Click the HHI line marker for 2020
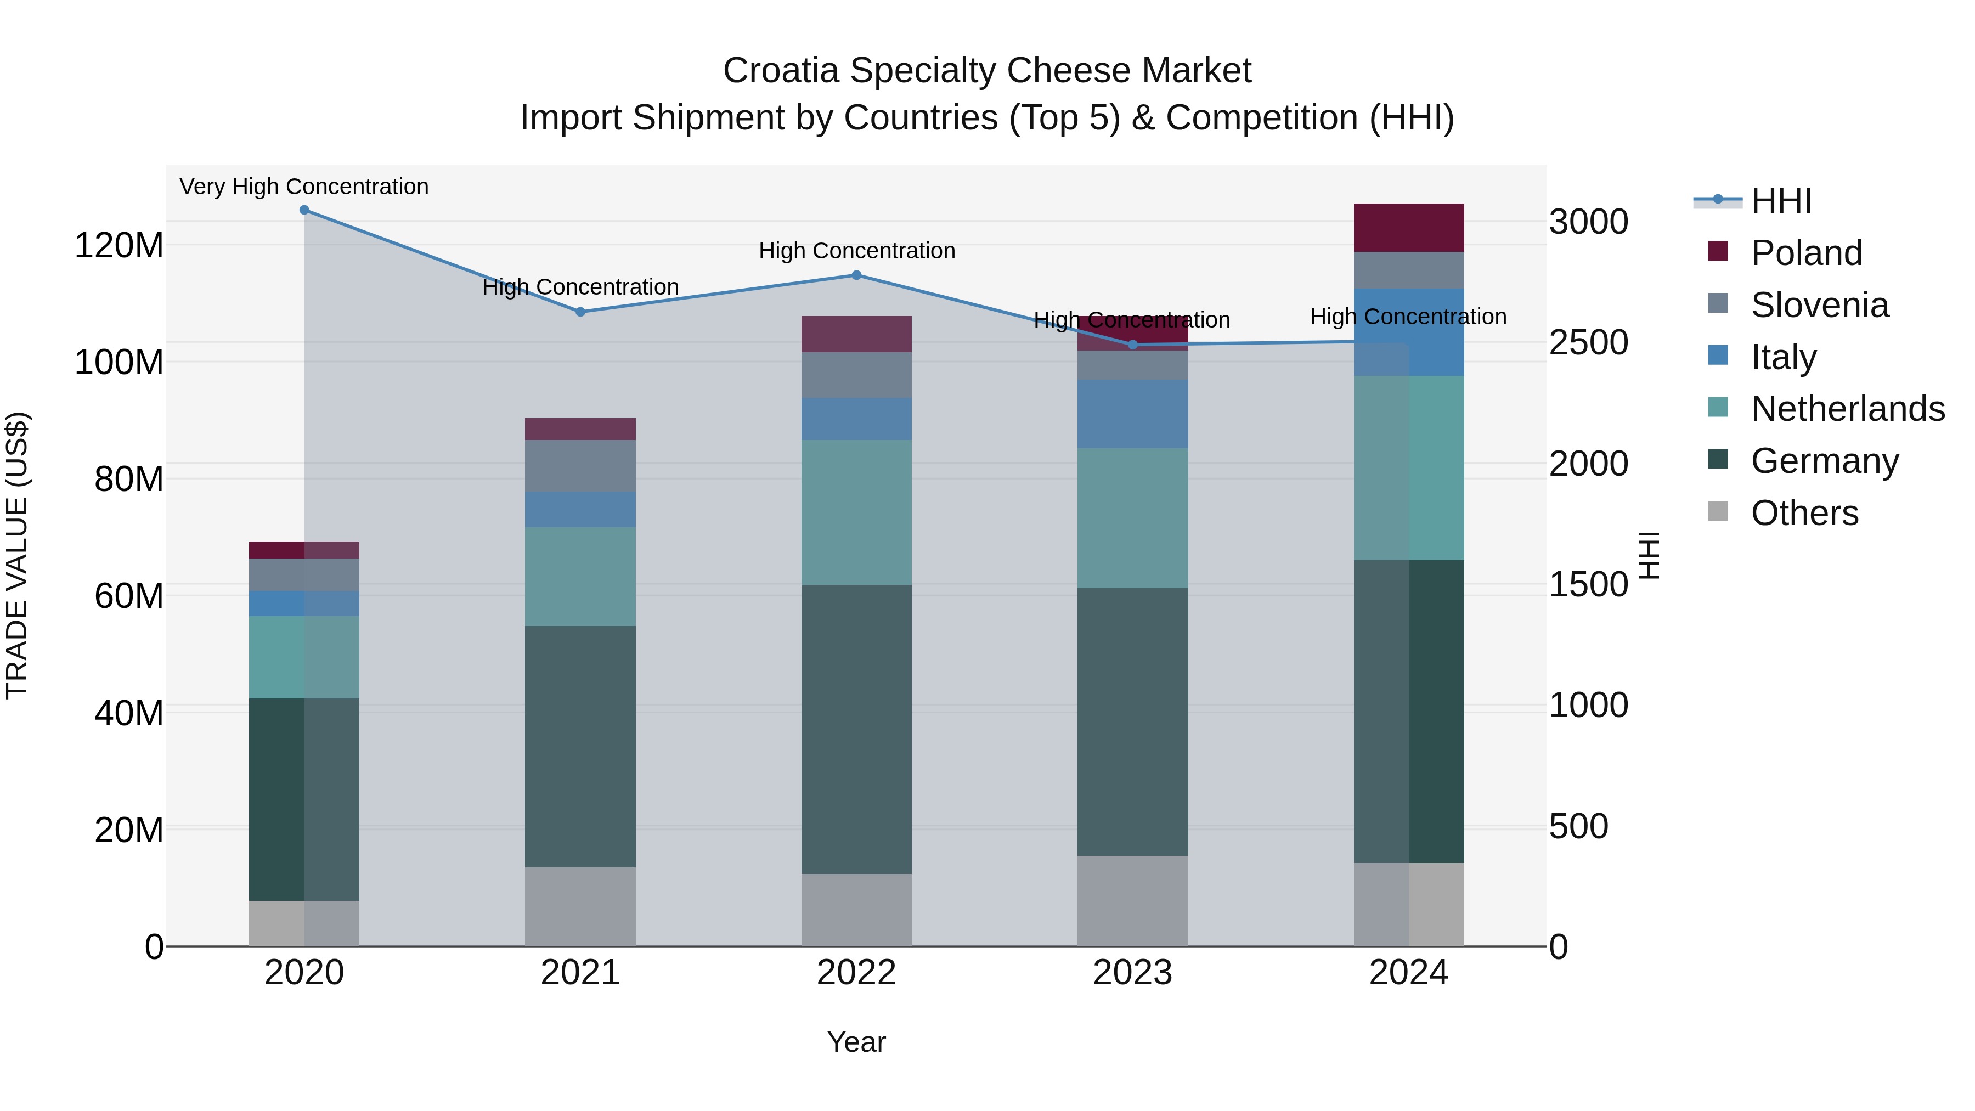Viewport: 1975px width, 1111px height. click(x=304, y=210)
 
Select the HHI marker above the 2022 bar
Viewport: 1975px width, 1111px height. click(x=856, y=275)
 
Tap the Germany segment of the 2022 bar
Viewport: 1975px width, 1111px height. click(x=856, y=729)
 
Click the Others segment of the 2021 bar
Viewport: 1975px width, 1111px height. click(x=580, y=906)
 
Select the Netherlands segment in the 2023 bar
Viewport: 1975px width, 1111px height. click(x=1132, y=518)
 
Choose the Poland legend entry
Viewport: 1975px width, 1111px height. click(x=1805, y=253)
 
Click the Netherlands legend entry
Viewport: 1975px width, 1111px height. click(x=1847, y=409)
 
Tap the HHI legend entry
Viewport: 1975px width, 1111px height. click(x=1780, y=201)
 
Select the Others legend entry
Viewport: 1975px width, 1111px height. click(x=1804, y=513)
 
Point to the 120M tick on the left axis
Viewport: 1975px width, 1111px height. click(x=119, y=246)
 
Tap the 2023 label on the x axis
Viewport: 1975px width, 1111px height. click(x=1132, y=973)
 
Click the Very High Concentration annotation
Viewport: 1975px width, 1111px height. click(x=304, y=187)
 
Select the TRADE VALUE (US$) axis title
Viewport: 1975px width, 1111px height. click(x=17, y=555)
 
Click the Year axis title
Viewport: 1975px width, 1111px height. click(x=856, y=1042)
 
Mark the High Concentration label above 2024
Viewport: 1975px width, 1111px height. click(x=1408, y=317)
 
